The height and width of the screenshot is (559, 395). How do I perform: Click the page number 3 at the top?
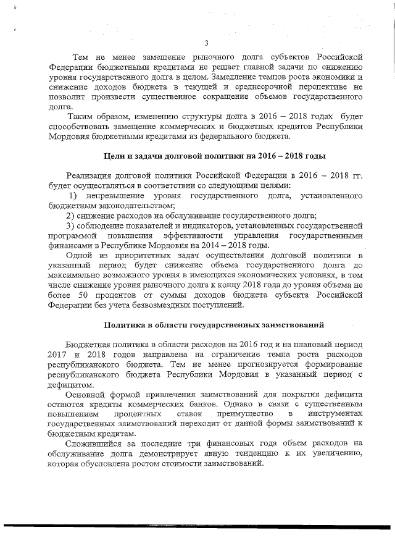(x=206, y=42)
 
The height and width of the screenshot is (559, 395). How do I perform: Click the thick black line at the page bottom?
(x=197, y=526)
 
